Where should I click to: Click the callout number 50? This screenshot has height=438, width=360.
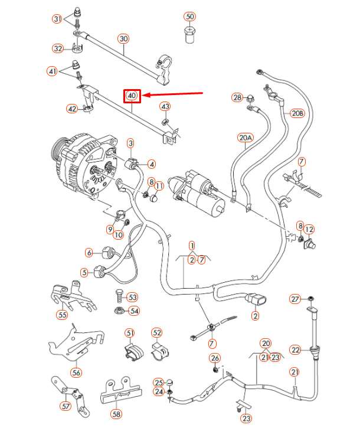[189, 16]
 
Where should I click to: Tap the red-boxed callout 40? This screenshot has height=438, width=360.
[132, 95]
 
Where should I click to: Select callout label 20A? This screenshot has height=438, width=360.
[246, 138]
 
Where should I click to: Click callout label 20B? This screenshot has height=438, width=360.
[296, 113]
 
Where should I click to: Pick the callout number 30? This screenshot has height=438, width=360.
[123, 39]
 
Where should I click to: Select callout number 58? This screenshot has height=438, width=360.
[116, 414]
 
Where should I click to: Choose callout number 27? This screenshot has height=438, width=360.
[295, 299]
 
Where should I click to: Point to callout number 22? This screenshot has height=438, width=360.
[296, 349]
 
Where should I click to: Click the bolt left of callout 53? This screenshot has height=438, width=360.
[117, 296]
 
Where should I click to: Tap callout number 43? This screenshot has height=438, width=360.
[165, 106]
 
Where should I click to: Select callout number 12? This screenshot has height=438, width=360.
[310, 229]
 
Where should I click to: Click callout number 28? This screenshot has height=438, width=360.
[237, 97]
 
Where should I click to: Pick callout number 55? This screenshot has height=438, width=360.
[62, 315]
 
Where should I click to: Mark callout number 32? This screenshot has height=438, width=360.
[58, 48]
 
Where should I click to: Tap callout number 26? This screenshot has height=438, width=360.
[215, 358]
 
